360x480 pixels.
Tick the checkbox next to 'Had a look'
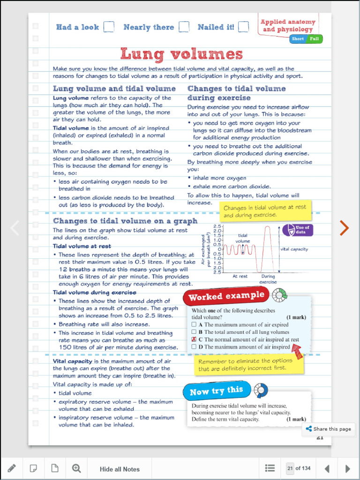click(x=108, y=27)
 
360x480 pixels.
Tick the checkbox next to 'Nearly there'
click(x=184, y=27)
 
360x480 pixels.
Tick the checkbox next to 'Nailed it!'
click(x=243, y=27)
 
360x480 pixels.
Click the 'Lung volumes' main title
click(x=181, y=54)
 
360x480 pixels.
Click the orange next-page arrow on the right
click(x=344, y=228)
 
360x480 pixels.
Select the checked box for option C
click(x=194, y=339)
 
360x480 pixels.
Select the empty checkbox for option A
click(x=194, y=324)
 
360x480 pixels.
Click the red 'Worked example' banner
click(x=227, y=296)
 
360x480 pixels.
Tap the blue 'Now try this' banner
click(x=217, y=390)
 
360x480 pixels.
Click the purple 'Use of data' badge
click(x=298, y=230)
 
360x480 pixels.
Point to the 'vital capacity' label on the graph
click(x=294, y=249)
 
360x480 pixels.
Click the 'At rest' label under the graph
click(x=240, y=277)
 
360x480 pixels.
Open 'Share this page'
click(x=328, y=429)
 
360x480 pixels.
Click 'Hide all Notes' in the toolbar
click(x=120, y=469)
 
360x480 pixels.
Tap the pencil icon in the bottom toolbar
click(x=12, y=468)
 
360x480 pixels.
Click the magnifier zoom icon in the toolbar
click(x=76, y=468)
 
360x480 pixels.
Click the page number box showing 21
click(x=290, y=468)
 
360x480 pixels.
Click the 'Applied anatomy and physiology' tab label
click(x=288, y=26)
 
